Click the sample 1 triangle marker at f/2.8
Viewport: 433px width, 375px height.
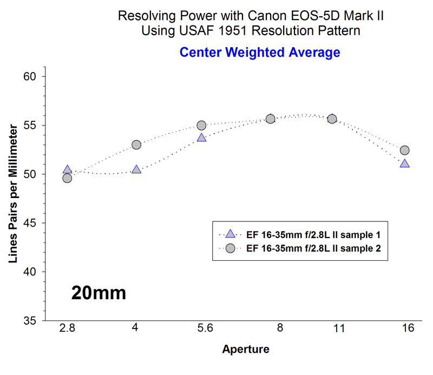tap(67, 170)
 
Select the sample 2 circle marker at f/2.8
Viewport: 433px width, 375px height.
tap(67, 178)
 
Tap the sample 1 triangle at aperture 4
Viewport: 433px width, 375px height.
tap(136, 170)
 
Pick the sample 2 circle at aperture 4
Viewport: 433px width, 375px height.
tap(136, 144)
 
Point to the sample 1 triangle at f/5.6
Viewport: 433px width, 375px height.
tap(201, 138)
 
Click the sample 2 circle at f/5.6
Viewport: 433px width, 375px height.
tap(201, 125)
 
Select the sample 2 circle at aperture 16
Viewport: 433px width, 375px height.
tap(404, 150)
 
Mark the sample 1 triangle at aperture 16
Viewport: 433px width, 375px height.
tap(404, 163)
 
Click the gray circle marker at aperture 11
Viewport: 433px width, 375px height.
tap(332, 119)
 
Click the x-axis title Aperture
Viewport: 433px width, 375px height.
tap(245, 350)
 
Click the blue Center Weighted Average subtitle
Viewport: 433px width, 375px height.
tap(260, 52)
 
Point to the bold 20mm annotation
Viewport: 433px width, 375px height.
tap(99, 293)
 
